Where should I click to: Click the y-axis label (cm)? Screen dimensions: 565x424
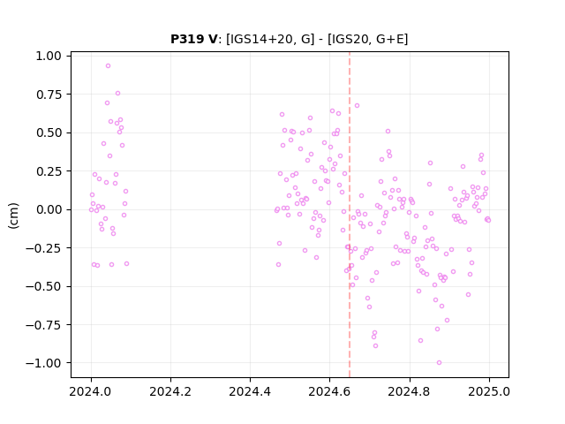click(13, 216)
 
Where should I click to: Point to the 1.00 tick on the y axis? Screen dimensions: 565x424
click(49, 56)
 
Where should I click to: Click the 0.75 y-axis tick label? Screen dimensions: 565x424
click(49, 95)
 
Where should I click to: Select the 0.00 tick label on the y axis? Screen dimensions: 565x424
click(49, 209)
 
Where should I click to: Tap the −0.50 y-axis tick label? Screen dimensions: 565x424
click(43, 286)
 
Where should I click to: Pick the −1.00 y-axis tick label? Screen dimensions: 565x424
click(43, 363)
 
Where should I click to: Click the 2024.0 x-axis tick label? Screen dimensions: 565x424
click(91, 391)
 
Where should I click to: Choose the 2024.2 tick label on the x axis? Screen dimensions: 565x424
click(170, 391)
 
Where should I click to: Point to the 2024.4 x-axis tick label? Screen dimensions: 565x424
click(250, 391)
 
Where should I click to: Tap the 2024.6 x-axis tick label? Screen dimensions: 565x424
click(329, 391)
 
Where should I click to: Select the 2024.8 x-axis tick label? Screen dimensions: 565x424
click(410, 391)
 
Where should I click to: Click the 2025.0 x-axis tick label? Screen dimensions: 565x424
click(489, 391)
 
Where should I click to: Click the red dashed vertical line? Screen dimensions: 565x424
click(350, 215)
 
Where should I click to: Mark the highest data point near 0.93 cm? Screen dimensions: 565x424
click(108, 66)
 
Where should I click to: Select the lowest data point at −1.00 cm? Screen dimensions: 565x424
click(439, 363)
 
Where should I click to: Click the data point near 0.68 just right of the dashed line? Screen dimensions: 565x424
click(357, 106)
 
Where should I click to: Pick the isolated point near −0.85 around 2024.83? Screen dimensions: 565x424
click(420, 340)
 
